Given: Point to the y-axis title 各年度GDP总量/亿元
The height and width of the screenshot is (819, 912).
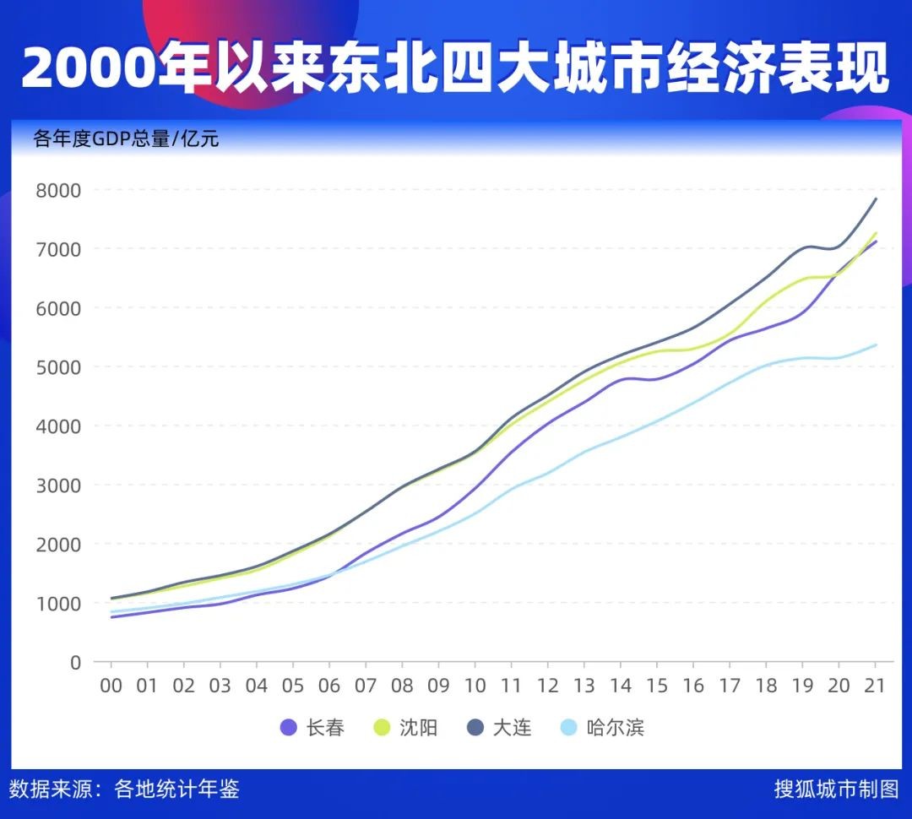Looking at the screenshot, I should tap(126, 138).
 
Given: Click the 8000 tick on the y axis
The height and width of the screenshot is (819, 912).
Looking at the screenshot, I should tap(58, 190).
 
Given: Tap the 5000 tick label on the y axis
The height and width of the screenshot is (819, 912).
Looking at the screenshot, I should tap(58, 367).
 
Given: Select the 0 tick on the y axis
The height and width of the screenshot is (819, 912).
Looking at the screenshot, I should tap(75, 663).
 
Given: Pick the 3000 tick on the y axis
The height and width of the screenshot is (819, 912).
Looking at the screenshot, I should tap(58, 485).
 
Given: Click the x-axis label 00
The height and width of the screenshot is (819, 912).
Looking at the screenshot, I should tap(111, 686).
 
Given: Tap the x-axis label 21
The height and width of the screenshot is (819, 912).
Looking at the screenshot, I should tap(874, 686).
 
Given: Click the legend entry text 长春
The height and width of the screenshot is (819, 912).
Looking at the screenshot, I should tap(325, 727).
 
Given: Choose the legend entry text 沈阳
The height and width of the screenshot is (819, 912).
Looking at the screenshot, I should tap(418, 727).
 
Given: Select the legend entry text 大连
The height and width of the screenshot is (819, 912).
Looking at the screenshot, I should tap(512, 727).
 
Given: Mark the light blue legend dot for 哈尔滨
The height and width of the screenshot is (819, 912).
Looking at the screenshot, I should tap(570, 727).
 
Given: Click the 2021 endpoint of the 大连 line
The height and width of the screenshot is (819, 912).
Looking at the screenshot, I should tap(876, 199).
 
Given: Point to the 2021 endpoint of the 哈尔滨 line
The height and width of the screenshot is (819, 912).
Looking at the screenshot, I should tap(876, 344).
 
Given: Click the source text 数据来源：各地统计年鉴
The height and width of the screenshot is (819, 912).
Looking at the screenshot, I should tap(124, 789).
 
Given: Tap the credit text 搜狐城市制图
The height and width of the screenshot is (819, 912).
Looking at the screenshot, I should tap(837, 789).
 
